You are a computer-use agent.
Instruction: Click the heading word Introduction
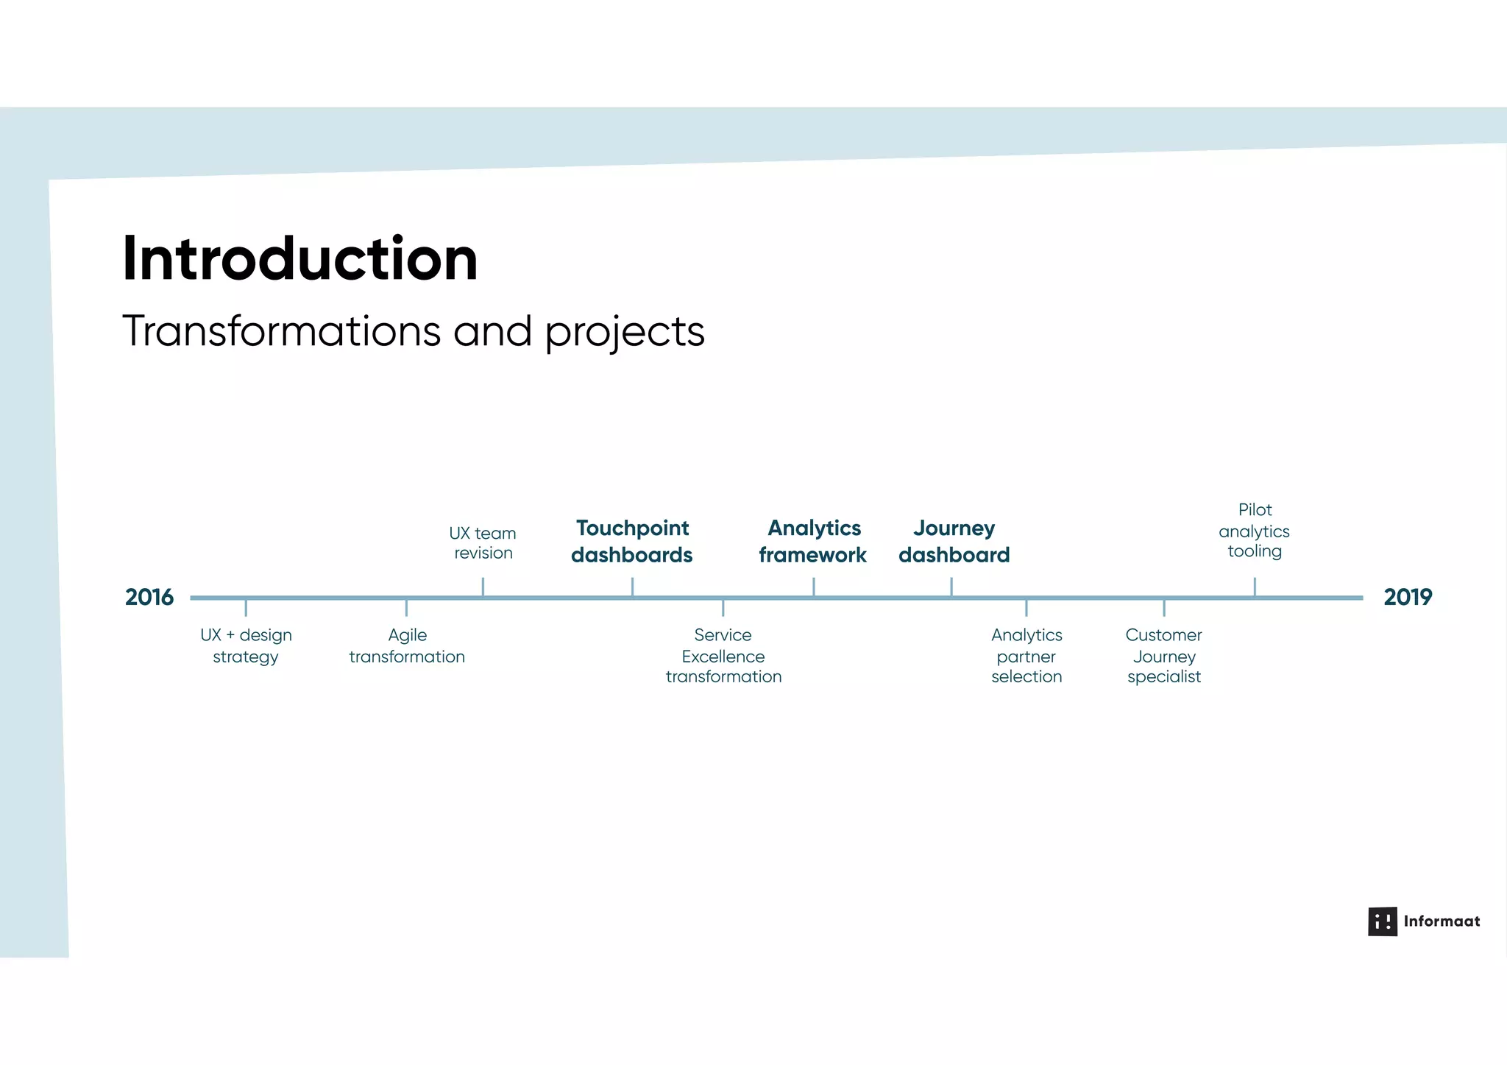[x=299, y=259]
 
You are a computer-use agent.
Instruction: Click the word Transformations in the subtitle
[x=281, y=331]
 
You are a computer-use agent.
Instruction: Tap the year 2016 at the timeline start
[x=149, y=597]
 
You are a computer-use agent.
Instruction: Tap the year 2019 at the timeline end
[x=1407, y=597]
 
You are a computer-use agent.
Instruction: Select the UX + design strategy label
[x=246, y=645]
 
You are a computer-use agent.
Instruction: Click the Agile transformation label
[x=407, y=645]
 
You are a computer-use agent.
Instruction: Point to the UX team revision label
[x=483, y=542]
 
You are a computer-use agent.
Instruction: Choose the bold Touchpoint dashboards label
[x=632, y=541]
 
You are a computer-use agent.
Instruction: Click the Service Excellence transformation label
[x=723, y=655]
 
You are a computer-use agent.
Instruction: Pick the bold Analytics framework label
[x=813, y=541]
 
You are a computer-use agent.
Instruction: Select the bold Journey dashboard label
[x=954, y=541]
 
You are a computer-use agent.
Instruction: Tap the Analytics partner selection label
[x=1026, y=655]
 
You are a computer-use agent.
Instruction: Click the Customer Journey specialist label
[x=1163, y=655]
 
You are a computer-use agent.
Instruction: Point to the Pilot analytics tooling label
[x=1255, y=530]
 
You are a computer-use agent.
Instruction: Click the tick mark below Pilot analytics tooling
[x=1255, y=587]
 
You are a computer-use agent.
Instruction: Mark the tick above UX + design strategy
[x=246, y=608]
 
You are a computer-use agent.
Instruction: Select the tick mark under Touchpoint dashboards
[x=632, y=587]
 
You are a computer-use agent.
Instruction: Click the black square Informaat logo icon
[x=1382, y=921]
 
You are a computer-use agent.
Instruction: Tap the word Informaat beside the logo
[x=1442, y=921]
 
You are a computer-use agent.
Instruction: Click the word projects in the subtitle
[x=625, y=333]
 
